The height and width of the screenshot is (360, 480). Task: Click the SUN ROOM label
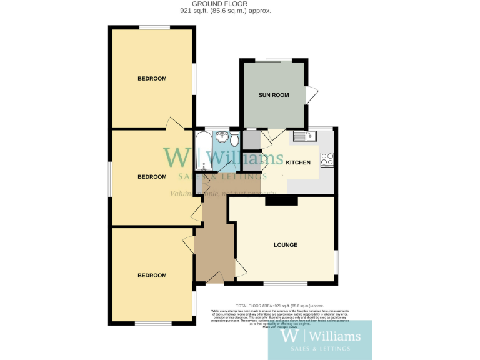274,95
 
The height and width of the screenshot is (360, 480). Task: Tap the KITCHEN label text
298,162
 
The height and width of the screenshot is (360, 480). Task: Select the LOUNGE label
285,244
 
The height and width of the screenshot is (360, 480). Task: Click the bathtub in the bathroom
204,151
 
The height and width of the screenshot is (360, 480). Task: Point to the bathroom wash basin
221,137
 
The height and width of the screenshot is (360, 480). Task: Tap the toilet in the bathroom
234,138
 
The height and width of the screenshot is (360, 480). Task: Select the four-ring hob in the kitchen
327,159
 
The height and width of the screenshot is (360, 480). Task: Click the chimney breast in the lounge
281,201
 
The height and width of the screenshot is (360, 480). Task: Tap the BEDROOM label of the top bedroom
152,78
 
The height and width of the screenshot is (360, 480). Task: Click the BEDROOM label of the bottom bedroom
152,275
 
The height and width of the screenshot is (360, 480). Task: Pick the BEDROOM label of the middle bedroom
152,177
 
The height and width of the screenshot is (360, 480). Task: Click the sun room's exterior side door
311,95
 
